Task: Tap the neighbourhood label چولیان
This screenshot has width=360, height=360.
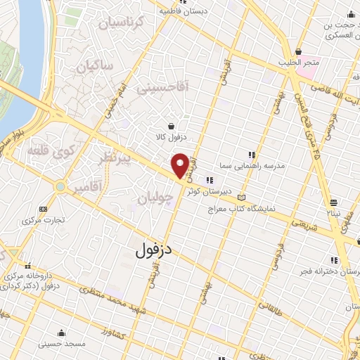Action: pos(155,199)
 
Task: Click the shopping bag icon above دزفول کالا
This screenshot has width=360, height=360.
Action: pos(172,125)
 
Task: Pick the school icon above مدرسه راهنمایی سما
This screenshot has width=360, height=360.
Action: pos(251,155)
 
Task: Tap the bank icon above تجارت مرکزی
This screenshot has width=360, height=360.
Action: pos(44,209)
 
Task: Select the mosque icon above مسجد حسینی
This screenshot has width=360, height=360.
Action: pos(61,333)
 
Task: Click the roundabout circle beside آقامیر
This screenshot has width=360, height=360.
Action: pos(61,187)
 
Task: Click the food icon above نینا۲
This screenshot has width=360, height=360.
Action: pos(333,201)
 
